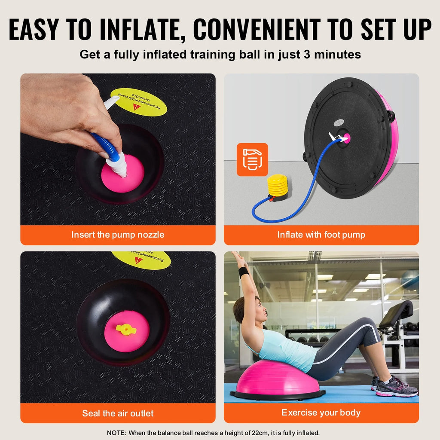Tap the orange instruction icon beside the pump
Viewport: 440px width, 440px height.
tap(252, 159)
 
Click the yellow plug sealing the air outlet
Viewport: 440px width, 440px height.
tap(126, 330)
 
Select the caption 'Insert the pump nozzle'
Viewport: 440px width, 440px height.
tap(118, 235)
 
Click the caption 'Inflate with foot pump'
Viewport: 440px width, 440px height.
tap(321, 235)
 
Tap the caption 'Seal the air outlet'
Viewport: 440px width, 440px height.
tap(118, 413)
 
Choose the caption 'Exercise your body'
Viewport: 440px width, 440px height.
tap(321, 413)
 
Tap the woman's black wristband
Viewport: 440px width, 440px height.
tap(244, 272)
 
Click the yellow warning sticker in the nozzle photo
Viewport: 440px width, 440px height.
tap(138, 102)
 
